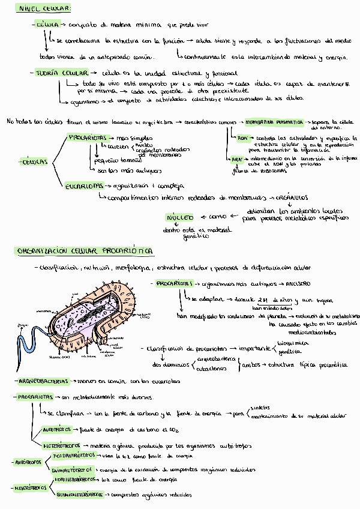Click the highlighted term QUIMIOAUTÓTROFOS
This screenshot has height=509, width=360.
[x=74, y=469]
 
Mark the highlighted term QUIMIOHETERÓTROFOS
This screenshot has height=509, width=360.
[x=78, y=495]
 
